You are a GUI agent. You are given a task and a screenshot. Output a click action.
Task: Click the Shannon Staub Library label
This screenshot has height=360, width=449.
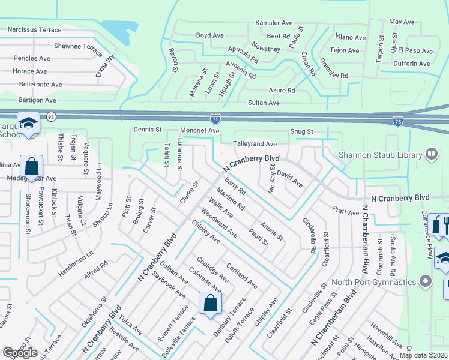pos(381,155)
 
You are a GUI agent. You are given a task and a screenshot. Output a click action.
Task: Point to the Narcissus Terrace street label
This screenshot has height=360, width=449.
pos(34,29)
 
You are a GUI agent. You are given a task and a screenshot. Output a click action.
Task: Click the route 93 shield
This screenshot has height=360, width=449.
pos(51,116)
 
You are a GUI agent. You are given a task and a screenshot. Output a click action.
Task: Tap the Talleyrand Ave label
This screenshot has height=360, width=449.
pos(255,144)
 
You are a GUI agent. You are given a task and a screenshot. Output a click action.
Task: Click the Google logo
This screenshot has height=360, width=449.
pos(19,353)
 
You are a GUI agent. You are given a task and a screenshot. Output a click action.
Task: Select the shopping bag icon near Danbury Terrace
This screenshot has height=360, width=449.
pos(211,303)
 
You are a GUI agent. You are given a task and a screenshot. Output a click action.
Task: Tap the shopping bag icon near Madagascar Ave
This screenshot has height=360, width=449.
pos(31,166)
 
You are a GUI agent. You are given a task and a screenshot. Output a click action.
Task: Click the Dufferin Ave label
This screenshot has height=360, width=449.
pos(411,64)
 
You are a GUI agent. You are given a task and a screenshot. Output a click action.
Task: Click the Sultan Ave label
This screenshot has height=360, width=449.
pos(264,103)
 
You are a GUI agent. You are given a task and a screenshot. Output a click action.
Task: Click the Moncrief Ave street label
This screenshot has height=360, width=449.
pos(200,130)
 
